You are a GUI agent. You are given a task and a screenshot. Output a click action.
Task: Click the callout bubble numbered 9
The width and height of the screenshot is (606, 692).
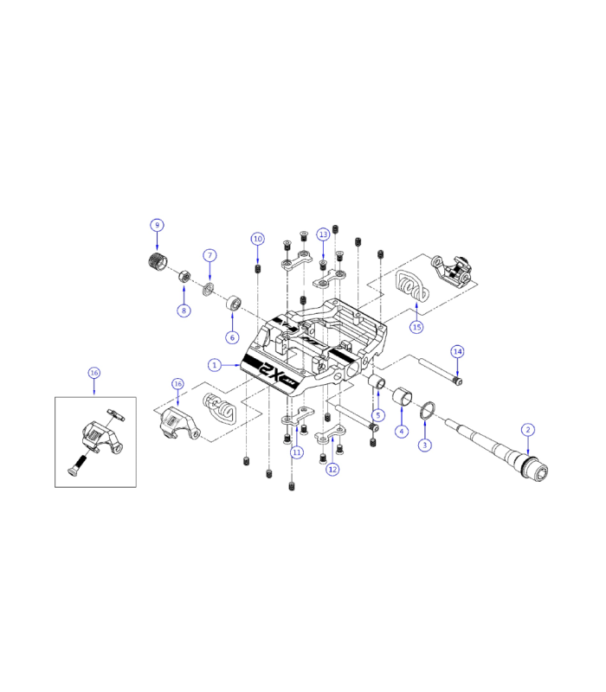(157, 225)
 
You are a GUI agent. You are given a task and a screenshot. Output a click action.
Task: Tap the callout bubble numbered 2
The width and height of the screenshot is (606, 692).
(528, 429)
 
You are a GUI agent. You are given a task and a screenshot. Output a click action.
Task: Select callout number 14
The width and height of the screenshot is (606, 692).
(458, 351)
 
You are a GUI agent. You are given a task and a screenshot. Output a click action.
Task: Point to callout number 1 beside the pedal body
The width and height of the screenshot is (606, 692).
(215, 365)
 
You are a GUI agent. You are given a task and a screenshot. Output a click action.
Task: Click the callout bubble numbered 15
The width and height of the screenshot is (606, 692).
(417, 327)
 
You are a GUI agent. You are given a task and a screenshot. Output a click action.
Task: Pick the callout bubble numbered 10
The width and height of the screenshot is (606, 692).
(257, 238)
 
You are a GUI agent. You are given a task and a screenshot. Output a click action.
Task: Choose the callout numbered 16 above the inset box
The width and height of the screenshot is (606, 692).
(94, 373)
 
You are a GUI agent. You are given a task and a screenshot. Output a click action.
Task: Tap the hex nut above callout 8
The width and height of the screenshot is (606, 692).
(184, 278)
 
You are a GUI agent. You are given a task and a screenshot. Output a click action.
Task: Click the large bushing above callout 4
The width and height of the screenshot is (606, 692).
(403, 397)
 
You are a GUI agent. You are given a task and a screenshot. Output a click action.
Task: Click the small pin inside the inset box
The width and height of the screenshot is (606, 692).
(116, 414)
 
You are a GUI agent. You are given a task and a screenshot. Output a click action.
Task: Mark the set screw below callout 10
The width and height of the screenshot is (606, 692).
(257, 270)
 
